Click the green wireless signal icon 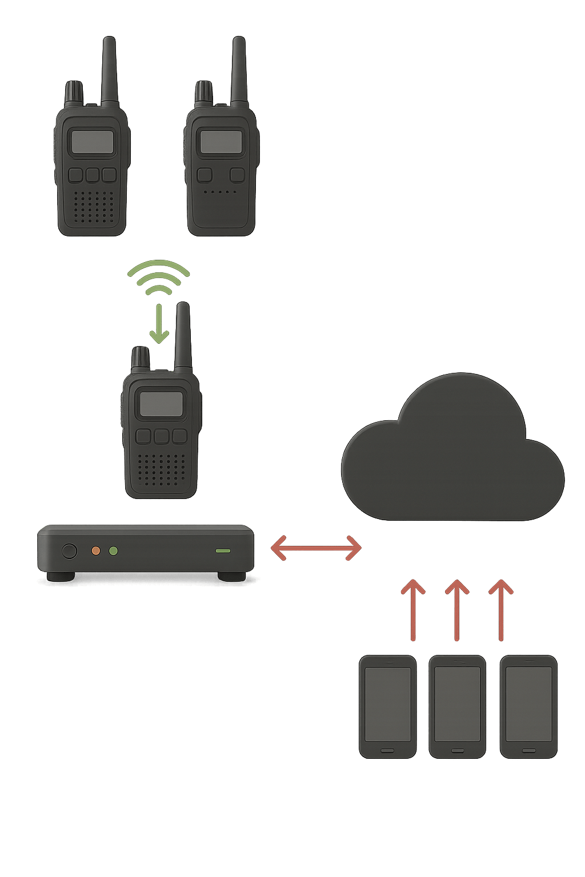158,277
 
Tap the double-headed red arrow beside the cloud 316,549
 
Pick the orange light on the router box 96,551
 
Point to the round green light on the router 113,551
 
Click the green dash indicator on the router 223,551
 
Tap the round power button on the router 69,551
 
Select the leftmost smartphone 387,707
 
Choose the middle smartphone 457,707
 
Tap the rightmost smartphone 528,707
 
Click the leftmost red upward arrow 412,610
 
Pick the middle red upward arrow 456,610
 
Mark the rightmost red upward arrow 501,610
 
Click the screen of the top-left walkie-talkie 91,142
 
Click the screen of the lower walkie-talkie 162,404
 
